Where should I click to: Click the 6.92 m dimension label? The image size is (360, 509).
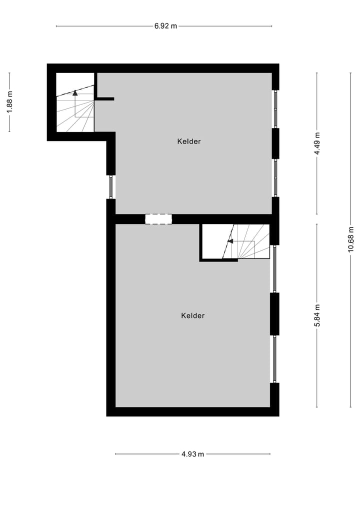tap(165, 26)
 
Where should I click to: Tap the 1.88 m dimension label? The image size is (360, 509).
tap(9, 102)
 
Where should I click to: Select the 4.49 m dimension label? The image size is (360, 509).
tap(317, 143)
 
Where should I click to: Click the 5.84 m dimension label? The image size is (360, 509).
tap(317, 315)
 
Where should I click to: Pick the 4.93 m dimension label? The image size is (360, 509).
tap(192, 454)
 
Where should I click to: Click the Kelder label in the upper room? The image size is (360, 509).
tap(189, 141)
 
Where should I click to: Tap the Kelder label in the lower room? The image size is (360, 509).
tap(193, 315)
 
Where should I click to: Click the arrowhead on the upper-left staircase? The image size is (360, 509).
tap(75, 92)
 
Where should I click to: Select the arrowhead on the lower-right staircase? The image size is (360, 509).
tap(230, 241)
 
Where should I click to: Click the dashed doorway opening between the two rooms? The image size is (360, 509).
tap(158, 219)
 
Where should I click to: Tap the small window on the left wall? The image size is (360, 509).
tap(111, 187)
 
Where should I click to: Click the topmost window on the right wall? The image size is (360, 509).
tap(275, 109)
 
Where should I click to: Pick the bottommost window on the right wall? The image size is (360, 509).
tap(274, 358)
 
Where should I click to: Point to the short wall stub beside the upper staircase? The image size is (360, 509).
tap(105, 99)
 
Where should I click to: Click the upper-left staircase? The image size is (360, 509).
tap(75, 107)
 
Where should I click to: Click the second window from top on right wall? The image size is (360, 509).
tap(275, 177)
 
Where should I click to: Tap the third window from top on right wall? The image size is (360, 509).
tap(274, 268)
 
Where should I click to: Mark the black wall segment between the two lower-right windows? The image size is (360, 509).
tap(274, 313)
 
